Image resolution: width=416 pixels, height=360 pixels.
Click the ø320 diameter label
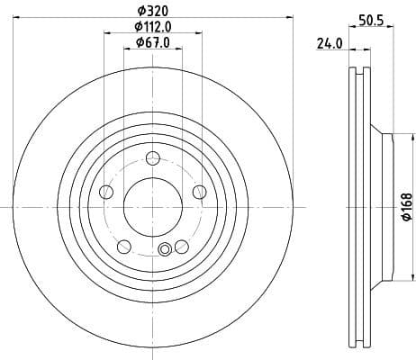151,12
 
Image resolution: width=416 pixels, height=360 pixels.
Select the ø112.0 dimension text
151,26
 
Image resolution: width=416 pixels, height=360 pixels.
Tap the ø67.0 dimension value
150,41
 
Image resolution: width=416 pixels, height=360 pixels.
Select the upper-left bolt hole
106,192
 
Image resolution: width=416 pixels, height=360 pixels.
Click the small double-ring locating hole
165,251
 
